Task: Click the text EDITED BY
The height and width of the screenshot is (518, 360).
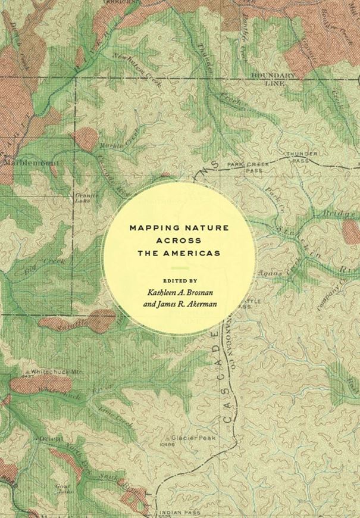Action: coord(179,279)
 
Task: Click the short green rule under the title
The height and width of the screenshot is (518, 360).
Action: coord(179,266)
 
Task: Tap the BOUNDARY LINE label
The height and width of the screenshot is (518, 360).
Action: coord(273,79)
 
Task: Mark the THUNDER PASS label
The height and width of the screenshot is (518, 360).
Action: coord(302,157)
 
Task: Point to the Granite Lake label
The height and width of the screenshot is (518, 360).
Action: coord(83,196)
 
